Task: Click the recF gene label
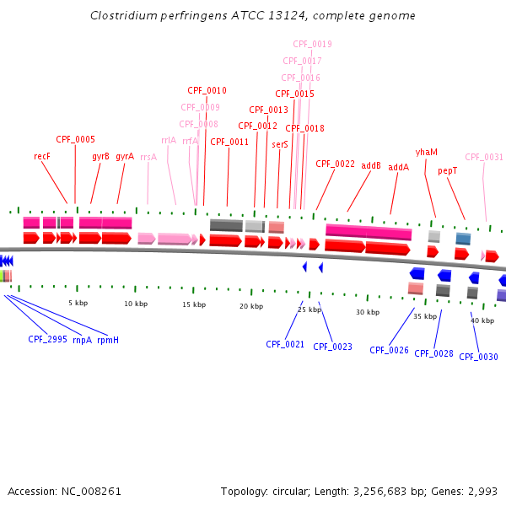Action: click(42, 156)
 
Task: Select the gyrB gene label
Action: click(101, 156)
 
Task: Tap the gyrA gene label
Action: click(125, 156)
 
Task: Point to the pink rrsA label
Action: click(148, 157)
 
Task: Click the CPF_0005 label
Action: click(76, 139)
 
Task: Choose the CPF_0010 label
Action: click(207, 90)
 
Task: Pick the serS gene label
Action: click(280, 144)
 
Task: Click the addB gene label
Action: click(371, 166)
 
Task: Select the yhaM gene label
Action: click(427, 152)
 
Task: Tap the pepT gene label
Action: click(448, 170)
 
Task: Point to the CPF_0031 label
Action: click(484, 157)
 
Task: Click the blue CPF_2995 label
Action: click(47, 339)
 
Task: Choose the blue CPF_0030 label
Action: click(478, 357)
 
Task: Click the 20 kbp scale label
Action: click(251, 306)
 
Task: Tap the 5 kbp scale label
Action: click(78, 302)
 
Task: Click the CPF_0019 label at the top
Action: click(312, 44)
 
